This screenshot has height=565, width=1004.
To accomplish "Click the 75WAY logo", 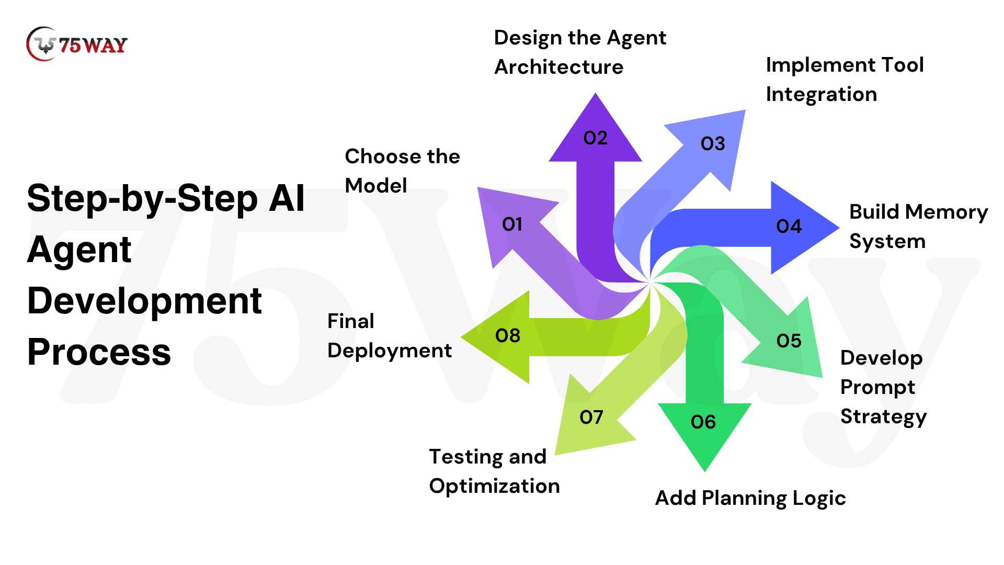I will pos(76,44).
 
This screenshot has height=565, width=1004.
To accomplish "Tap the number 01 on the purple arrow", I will pos(512,224).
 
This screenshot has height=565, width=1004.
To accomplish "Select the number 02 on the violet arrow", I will pos(595,138).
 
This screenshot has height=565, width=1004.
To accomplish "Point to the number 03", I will pos(713,144).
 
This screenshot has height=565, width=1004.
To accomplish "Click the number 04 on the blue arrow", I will pos(789,227).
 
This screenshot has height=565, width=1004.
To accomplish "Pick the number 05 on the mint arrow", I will pos(789,341).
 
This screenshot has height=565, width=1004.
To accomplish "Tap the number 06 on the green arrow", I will pos(703,422).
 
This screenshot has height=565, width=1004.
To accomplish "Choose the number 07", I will pos(591,417).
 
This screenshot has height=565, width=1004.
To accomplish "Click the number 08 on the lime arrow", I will pos(507,336).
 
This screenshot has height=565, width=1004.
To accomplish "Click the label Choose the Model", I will pos(402,171).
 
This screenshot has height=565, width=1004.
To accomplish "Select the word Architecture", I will pos(558,67).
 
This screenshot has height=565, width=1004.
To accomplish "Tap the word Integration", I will pos(821,94).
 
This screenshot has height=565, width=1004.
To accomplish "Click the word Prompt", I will pos(877,388).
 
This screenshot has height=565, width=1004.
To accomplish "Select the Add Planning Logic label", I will pos(750,498).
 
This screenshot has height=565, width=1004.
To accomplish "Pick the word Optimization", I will pos(494,486).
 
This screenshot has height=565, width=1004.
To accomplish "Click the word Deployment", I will pos(389,351).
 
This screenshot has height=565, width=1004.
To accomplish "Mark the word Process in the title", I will pos(99,352).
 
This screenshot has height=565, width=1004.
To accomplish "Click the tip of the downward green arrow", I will pos(704,469).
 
